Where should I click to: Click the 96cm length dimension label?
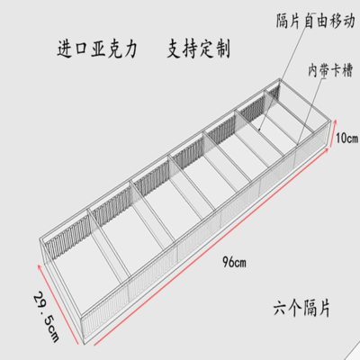(234, 262)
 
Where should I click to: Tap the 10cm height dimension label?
(346, 139)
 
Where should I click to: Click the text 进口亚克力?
(97, 49)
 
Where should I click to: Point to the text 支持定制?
(199, 49)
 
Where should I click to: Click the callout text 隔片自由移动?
(315, 22)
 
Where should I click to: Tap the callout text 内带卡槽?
(330, 70)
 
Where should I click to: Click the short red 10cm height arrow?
(332, 133)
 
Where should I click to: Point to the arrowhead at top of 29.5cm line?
(40, 266)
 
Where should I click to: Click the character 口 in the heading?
(81, 49)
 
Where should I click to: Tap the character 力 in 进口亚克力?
(130, 49)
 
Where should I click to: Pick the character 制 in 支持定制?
(222, 49)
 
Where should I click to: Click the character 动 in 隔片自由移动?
(348, 22)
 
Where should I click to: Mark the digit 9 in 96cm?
(225, 262)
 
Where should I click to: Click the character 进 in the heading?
(65, 49)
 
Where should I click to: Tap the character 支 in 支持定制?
(175, 49)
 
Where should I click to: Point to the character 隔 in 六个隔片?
(309, 308)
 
